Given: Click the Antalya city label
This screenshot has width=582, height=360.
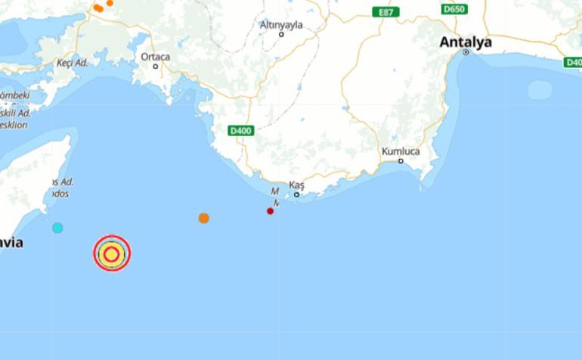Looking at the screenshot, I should [x=465, y=42].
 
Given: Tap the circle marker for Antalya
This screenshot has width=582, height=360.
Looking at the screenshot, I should [x=466, y=52].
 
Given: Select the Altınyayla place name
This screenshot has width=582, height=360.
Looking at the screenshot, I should [x=281, y=24].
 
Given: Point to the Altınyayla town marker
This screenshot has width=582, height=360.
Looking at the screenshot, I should [x=281, y=34].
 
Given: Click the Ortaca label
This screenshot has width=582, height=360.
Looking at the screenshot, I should [x=155, y=57].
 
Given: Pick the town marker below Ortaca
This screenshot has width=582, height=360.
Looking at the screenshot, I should [x=156, y=66].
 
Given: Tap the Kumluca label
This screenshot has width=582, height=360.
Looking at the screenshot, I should [x=401, y=151].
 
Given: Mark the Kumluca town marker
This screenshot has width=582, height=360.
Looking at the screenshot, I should [x=401, y=160].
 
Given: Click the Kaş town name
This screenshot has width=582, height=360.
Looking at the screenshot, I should [x=296, y=185].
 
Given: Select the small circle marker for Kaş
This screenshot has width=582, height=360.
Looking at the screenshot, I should [x=296, y=194].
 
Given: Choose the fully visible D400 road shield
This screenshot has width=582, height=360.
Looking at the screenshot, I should [x=240, y=131].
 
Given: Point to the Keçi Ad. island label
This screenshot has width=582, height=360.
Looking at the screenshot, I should [x=73, y=63].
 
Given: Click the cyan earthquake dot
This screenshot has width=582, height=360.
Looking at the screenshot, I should [x=57, y=228].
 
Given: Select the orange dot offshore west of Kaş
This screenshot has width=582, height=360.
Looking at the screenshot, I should [x=203, y=218].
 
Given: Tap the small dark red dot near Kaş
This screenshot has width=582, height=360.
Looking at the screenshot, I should [x=270, y=211].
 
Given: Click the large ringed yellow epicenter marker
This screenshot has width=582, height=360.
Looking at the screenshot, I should [x=112, y=253].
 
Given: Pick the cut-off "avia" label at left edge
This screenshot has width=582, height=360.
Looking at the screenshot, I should [x=11, y=243].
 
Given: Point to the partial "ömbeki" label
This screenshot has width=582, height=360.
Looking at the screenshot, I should [x=14, y=96].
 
